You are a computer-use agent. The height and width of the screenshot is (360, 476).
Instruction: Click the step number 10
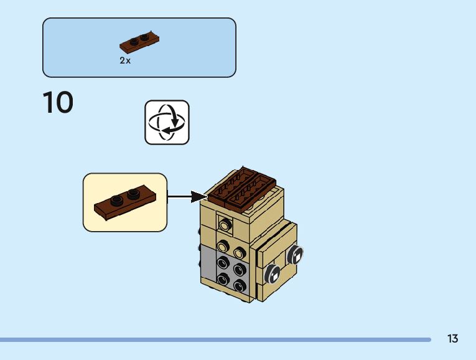(x=58, y=102)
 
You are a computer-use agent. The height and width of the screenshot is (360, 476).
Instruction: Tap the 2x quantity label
(x=125, y=60)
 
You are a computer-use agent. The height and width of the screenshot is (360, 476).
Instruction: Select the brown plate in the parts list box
(x=139, y=42)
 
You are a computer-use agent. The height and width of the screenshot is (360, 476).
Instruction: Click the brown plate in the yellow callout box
(x=125, y=202)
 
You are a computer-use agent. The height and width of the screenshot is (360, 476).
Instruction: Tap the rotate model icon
(x=167, y=123)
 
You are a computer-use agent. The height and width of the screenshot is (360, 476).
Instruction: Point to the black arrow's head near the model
(x=199, y=197)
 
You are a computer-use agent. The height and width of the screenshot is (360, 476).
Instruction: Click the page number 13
(x=452, y=339)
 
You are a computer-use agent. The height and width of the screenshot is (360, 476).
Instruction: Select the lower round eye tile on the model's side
(x=273, y=274)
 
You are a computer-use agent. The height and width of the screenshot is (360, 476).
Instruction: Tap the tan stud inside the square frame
(x=225, y=224)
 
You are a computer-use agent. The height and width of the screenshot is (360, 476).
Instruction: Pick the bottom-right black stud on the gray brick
(x=240, y=285)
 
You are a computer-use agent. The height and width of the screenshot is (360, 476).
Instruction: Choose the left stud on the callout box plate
(x=116, y=201)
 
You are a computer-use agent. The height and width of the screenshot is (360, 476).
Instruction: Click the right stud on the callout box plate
(x=133, y=194)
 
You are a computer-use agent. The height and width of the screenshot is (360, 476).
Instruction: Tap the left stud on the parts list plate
(x=134, y=42)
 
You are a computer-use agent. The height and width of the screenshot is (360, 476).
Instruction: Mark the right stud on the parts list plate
(x=145, y=37)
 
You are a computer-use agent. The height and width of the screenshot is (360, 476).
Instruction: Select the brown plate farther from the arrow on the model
(x=251, y=193)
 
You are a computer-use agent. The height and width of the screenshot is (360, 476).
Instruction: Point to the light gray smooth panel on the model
(x=208, y=262)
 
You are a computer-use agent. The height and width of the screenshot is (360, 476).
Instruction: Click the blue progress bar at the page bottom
(x=215, y=339)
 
